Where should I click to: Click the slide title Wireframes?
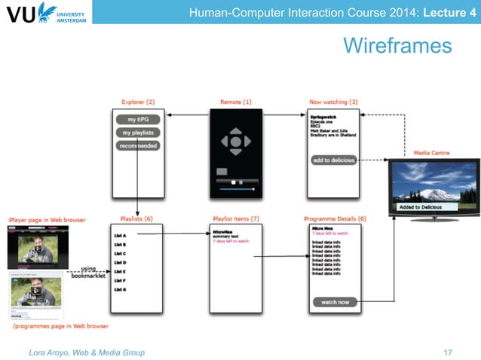tap(397, 47)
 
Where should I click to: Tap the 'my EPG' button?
tap(137, 120)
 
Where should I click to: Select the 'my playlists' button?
tap(137, 133)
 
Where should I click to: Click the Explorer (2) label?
tap(138, 102)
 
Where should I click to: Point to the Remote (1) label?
tap(236, 102)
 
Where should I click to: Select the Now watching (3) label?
tap(333, 102)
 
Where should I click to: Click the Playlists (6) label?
tap(136, 219)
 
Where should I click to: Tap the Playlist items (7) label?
tap(236, 219)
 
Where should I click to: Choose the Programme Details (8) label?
tap(335, 219)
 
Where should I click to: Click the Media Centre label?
tap(431, 153)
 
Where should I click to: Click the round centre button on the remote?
tap(236, 141)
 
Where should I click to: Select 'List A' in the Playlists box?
tap(119, 236)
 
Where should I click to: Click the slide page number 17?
tap(448, 352)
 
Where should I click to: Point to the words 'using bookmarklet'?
tap(87, 272)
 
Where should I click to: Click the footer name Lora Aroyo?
tap(51, 352)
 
